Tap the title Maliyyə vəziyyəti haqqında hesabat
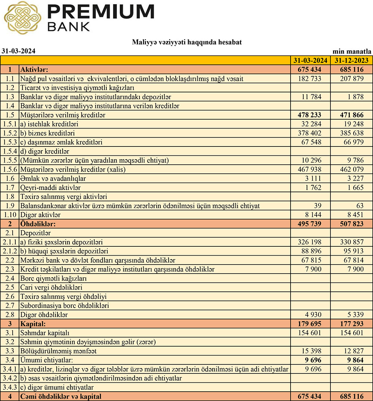pyautogui.click(x=186, y=42)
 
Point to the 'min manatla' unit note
pyautogui.click(x=352, y=51)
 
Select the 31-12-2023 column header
pyautogui.click(x=351, y=60)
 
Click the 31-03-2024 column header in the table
pyautogui.click(x=310, y=60)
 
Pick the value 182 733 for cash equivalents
pyautogui.click(x=310, y=79)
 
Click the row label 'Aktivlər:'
pyautogui.click(x=35, y=70)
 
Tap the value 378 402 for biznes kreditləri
pyautogui.click(x=310, y=133)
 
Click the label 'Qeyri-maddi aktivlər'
pyautogui.click(x=51, y=187)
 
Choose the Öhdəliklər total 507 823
pyautogui.click(x=351, y=224)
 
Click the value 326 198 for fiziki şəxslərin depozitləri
pyautogui.click(x=310, y=242)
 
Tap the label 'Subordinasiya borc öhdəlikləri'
pyautogui.click(x=65, y=306)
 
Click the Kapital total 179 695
pyautogui.click(x=310, y=323)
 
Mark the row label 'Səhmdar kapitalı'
pyautogui.click(x=45, y=332)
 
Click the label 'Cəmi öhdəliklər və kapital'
pyautogui.click(x=61, y=397)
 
